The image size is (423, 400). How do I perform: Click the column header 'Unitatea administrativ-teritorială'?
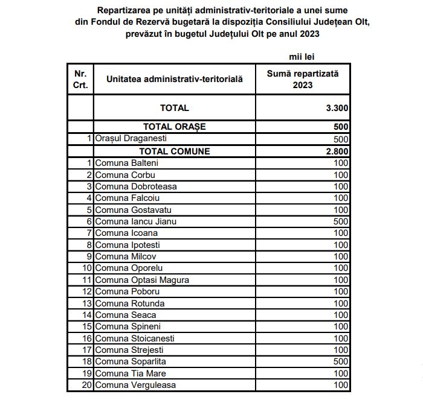tap(174, 79)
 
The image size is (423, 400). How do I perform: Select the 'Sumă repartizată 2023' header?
tap(303, 79)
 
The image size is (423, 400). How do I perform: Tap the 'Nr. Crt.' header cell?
tap(80, 79)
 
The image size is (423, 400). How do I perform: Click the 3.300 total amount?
tap(337, 108)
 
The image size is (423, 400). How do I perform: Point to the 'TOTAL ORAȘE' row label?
tap(174, 127)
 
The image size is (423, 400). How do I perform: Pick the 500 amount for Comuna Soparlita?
tap(341, 361)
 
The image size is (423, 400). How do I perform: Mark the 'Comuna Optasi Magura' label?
tap(142, 280)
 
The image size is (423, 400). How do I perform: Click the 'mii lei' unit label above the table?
tap(302, 57)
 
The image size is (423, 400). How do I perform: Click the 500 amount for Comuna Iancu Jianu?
tap(341, 221)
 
